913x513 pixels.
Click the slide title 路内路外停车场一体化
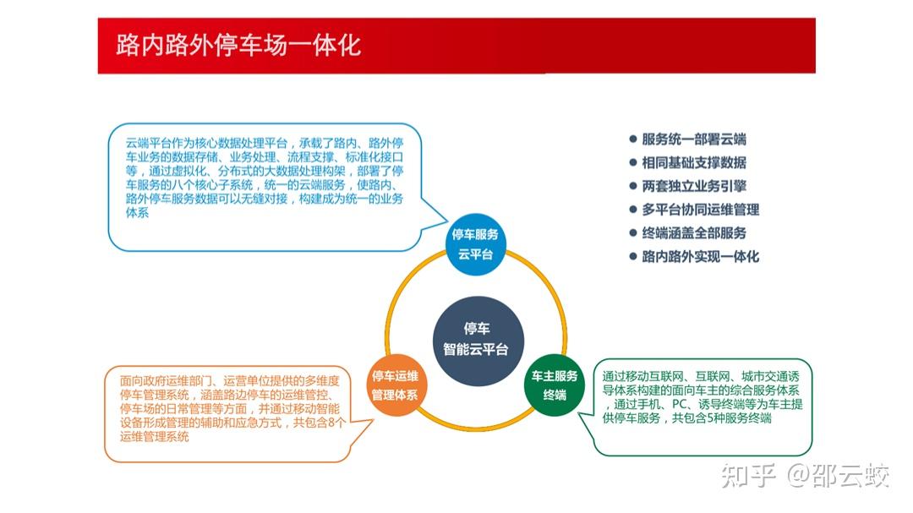coord(238,46)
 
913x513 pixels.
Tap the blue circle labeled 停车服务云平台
coord(475,244)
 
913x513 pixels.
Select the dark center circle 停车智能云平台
coord(478,340)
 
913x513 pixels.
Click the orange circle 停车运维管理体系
coord(396,385)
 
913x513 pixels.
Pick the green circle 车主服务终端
coord(555,385)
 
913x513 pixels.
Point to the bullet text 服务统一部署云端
coord(694,139)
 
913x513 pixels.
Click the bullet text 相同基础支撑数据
coord(694,162)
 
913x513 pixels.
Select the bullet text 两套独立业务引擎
coord(694,186)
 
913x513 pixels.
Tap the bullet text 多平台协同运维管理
coord(701,210)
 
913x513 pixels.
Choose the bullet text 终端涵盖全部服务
coord(694,233)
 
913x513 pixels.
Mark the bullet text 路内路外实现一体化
coord(701,257)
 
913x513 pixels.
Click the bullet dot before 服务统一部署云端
coord(633,139)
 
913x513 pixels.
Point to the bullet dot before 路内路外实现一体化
coord(633,257)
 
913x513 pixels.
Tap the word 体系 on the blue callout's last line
coord(138,212)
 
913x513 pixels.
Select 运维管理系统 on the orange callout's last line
coord(155,437)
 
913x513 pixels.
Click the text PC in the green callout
coord(679,404)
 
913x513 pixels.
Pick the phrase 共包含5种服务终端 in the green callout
coord(721,418)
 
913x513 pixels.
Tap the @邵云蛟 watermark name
coord(839,476)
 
